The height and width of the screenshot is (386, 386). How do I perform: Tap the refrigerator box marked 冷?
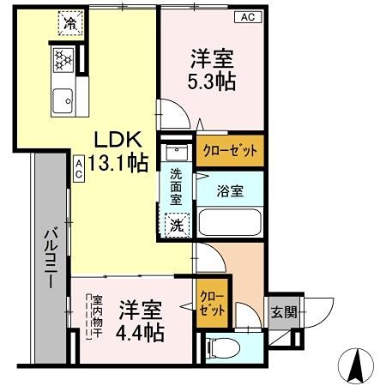[x=67, y=23]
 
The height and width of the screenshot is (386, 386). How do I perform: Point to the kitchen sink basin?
[x=63, y=102]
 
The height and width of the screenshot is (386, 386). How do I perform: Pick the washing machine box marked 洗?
[x=175, y=226]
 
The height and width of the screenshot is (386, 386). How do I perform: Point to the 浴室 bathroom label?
[x=229, y=190]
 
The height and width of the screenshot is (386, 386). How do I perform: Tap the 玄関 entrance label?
[x=284, y=312]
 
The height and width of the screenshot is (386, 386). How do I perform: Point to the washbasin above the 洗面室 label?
[x=178, y=154]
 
